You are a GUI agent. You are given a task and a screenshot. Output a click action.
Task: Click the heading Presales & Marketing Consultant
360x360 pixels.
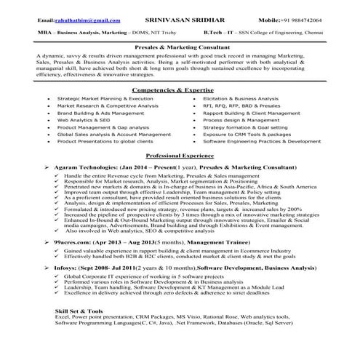point(180,46)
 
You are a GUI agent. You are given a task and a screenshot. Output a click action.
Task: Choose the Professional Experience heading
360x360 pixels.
point(180,156)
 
